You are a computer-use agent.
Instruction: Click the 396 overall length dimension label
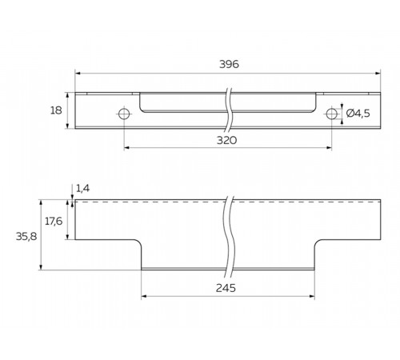point(229,64)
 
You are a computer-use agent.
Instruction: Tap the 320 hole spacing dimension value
point(226,140)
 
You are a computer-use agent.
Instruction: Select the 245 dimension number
point(226,288)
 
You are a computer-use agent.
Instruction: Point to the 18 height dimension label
point(56,110)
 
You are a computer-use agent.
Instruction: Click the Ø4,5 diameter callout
point(358,114)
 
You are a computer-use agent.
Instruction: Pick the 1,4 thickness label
point(83,189)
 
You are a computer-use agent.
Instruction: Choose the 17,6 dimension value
point(54,221)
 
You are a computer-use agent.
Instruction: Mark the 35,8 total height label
point(26,236)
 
